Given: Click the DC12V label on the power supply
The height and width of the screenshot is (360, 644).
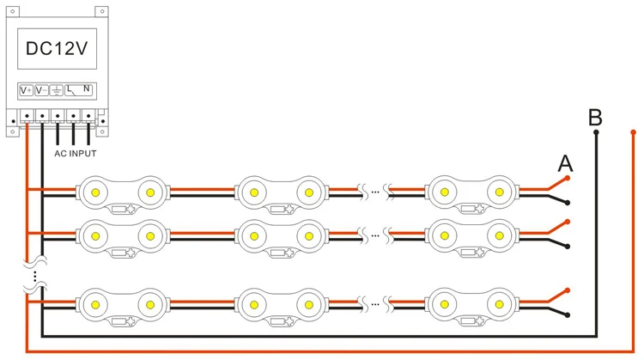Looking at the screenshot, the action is coord(57,48).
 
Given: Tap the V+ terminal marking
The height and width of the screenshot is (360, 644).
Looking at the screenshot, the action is coord(26,90).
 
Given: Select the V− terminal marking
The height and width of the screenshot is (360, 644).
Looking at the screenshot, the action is coord(41,90).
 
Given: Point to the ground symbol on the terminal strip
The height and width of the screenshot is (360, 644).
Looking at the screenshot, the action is coord(57,90).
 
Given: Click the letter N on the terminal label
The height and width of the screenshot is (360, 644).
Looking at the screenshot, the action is coord(86,88).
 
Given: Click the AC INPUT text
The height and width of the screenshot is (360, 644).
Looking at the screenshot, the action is coord(76,153).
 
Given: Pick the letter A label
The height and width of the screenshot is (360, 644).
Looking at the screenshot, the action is coord(565,163).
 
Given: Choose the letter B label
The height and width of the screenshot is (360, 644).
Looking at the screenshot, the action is coord(595,117).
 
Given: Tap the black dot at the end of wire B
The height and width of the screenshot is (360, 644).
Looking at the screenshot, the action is coord(596,132).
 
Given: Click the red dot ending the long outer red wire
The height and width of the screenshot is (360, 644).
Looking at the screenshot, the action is coord(634,132).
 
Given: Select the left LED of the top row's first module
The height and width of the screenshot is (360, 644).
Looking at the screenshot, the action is coord(95,192).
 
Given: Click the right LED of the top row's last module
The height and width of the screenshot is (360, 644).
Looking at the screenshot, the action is coord(500,192).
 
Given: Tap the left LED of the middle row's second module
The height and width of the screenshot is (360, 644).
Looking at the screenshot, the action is coord(254,236).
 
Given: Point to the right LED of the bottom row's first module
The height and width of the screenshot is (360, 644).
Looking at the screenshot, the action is coord(150,305).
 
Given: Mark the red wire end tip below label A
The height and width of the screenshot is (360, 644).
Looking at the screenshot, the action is coord(568,178).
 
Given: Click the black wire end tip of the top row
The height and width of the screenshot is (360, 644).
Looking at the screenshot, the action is coord(568,203).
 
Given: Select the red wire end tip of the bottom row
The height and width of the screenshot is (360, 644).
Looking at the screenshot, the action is coord(568,290).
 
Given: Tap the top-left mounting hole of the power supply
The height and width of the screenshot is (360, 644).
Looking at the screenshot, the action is coord(12,11).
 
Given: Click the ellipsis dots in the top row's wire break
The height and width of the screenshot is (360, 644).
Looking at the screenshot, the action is coord(375,192).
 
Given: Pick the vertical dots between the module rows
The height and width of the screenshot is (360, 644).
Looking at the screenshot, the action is coord(35,276).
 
